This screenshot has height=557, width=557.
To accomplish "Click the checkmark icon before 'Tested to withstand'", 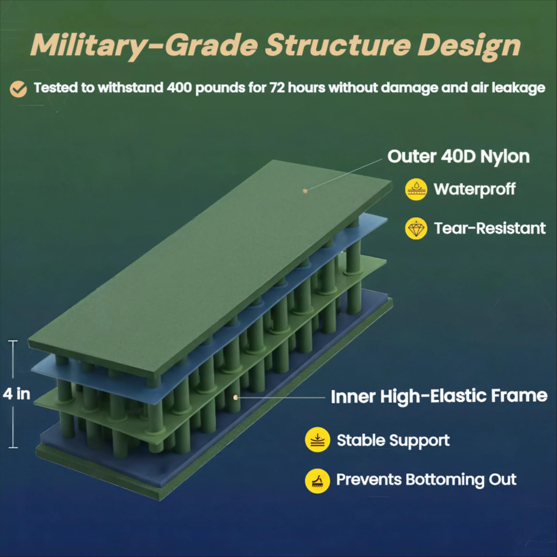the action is click(18, 89).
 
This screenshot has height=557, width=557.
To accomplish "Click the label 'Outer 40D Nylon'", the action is click(458, 156).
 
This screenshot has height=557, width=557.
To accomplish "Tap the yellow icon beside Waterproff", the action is click(416, 189).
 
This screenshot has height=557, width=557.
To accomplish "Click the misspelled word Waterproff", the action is click(474, 189).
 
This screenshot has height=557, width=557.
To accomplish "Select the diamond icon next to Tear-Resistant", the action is click(416, 228).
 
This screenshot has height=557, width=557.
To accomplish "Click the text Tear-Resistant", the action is click(490, 228).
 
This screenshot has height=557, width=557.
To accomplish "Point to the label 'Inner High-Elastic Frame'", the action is click(439, 396).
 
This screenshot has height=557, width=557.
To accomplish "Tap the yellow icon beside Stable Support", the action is click(317, 440).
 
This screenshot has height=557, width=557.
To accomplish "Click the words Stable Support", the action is click(393, 440).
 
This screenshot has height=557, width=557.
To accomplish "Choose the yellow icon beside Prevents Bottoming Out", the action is click(317, 481).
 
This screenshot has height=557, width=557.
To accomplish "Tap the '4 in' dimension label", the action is click(16, 394).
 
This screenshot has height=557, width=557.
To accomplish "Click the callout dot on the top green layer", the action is click(305, 190).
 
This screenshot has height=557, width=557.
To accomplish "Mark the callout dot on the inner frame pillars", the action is click(236, 397).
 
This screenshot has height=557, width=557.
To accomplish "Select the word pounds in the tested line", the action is click(220, 88).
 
